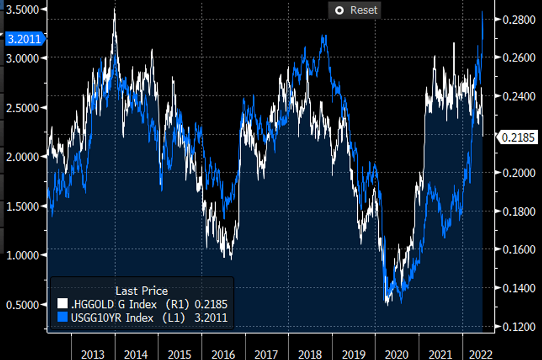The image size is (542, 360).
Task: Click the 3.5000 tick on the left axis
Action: pos(22,10)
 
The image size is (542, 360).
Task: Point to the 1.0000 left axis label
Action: pos(22,255)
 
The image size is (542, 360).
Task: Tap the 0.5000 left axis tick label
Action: pos(22,305)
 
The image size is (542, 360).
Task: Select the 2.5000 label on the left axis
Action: pos(22,107)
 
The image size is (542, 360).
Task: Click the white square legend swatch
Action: pos(62,304)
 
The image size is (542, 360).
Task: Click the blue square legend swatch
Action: pos(62,317)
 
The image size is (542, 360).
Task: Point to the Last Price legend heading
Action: pos(142,291)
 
